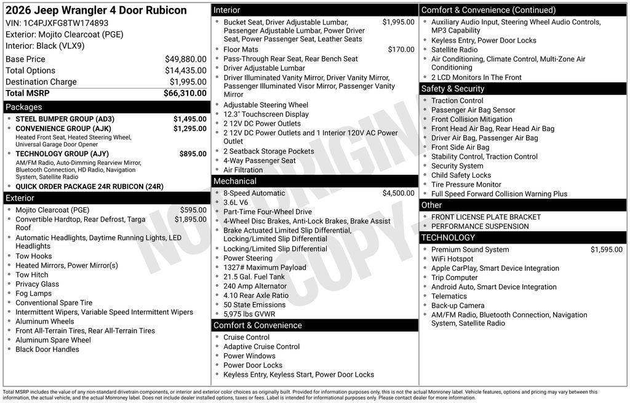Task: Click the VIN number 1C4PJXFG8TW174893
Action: click(65, 23)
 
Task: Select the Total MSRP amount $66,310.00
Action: click(185, 94)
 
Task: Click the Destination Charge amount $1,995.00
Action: click(188, 82)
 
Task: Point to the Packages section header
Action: click(24, 107)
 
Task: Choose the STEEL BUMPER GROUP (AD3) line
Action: click(65, 119)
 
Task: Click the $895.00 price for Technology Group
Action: click(193, 154)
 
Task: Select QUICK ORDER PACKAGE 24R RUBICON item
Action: click(89, 186)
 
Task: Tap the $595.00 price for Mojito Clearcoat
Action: click(193, 210)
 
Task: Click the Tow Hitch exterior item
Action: click(32, 275)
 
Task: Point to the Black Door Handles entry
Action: click(47, 349)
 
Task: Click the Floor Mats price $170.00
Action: click(401, 50)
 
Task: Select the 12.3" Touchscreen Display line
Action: click(266, 114)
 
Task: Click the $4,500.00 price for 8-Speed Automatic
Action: click(398, 193)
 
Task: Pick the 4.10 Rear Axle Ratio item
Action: click(256, 295)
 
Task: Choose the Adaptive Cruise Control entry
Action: click(261, 347)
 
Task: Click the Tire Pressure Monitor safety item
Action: click(466, 185)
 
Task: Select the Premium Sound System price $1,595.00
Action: click(606, 250)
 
